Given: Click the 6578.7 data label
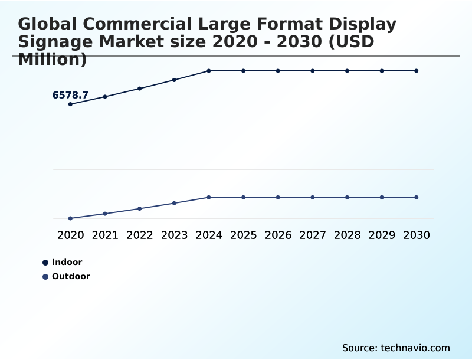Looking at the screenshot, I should [x=70, y=95].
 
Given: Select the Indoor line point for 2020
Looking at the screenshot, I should [x=70, y=104].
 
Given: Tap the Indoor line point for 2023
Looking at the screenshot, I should [x=174, y=80].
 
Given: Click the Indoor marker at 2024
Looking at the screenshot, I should [x=209, y=71].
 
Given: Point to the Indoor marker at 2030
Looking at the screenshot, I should [x=417, y=71].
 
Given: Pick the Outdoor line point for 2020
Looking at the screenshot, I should [x=70, y=218].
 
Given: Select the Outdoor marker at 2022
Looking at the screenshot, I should [x=140, y=208].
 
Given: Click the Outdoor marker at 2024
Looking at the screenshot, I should [x=209, y=197].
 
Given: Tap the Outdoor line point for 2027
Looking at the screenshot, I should [x=313, y=197].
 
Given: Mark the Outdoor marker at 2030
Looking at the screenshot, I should [x=417, y=197].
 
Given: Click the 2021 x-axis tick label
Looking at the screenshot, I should [x=105, y=235].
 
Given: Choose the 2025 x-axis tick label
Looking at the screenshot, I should [x=243, y=235].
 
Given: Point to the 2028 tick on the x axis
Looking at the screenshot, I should [x=347, y=235].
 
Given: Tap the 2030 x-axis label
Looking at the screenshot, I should [x=417, y=235].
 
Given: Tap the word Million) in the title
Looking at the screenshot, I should [x=53, y=60].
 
